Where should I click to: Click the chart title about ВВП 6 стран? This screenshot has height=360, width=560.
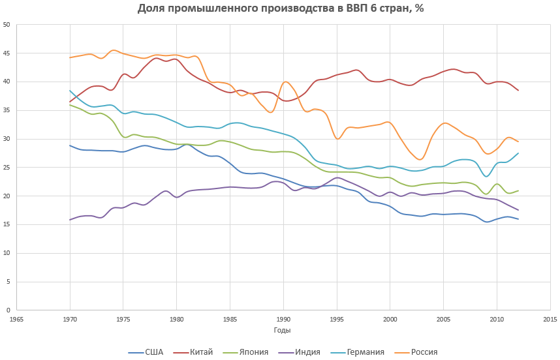pyautogui.click(x=280, y=9)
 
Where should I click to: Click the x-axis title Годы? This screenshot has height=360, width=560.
pyautogui.click(x=283, y=331)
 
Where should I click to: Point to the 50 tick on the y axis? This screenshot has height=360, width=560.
pyautogui.click(x=7, y=25)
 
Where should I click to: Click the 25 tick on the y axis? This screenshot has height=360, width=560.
pyautogui.click(x=7, y=168)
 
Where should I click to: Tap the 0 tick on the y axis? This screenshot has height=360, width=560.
pyautogui.click(x=8, y=310)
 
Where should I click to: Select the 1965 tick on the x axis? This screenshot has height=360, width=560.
pyautogui.click(x=17, y=320)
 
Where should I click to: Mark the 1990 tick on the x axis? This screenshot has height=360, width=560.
pyautogui.click(x=283, y=320)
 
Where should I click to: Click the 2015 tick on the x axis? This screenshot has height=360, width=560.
pyautogui.click(x=550, y=320)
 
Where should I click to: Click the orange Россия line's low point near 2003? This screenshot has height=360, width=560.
pyautogui.click(x=420, y=159)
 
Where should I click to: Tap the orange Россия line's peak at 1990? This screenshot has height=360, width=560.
pyautogui.click(x=285, y=82)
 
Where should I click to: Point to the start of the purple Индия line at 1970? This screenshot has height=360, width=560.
pyautogui.click(x=70, y=220)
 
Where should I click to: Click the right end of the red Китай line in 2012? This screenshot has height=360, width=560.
pyautogui.click(x=518, y=90)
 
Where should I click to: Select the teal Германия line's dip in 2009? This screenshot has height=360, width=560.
pyautogui.click(x=486, y=176)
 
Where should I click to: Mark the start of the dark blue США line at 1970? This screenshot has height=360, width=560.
pyautogui.click(x=70, y=145)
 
